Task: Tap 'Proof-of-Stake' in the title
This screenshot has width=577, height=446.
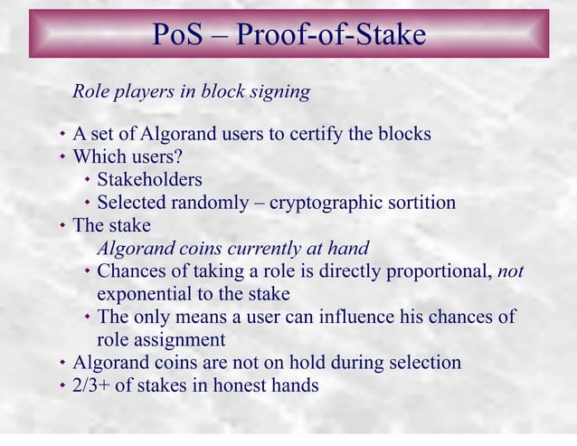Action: coord(331,34)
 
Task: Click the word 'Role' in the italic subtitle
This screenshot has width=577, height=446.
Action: coord(90,91)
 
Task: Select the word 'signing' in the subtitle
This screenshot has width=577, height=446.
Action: coord(281,91)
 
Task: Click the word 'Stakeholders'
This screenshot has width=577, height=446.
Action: coord(149,179)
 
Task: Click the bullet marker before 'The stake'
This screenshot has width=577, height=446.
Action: coord(62,225)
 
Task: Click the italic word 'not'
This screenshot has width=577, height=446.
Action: coord(511,270)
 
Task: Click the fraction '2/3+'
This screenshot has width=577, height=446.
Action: coord(93,385)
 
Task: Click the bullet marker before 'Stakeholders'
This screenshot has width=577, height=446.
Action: coord(87,179)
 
